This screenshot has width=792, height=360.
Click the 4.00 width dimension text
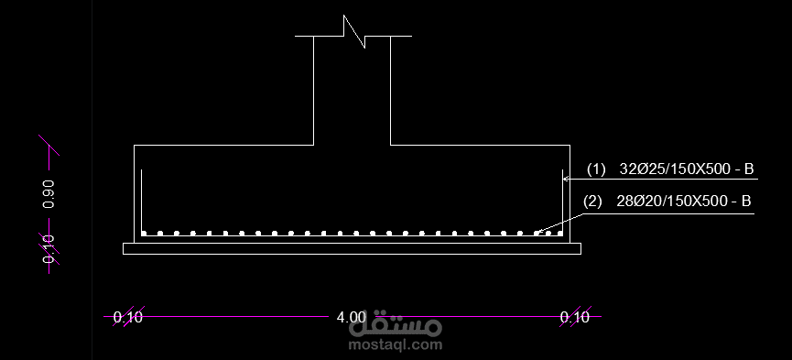pos(351,318)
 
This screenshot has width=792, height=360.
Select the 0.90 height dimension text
pos(49,193)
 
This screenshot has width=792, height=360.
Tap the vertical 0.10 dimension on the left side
pos(49,248)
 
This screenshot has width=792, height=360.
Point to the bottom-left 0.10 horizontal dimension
pos(128,318)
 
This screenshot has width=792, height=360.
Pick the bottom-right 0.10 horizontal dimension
pos(575,318)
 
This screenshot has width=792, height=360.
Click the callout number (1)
pos(596,169)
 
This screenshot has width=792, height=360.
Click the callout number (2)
pos(592,202)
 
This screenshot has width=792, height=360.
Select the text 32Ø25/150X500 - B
pos(687,169)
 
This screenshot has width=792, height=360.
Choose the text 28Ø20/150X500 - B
pos(683,202)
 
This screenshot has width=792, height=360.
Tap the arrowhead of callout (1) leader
pos(565,178)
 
